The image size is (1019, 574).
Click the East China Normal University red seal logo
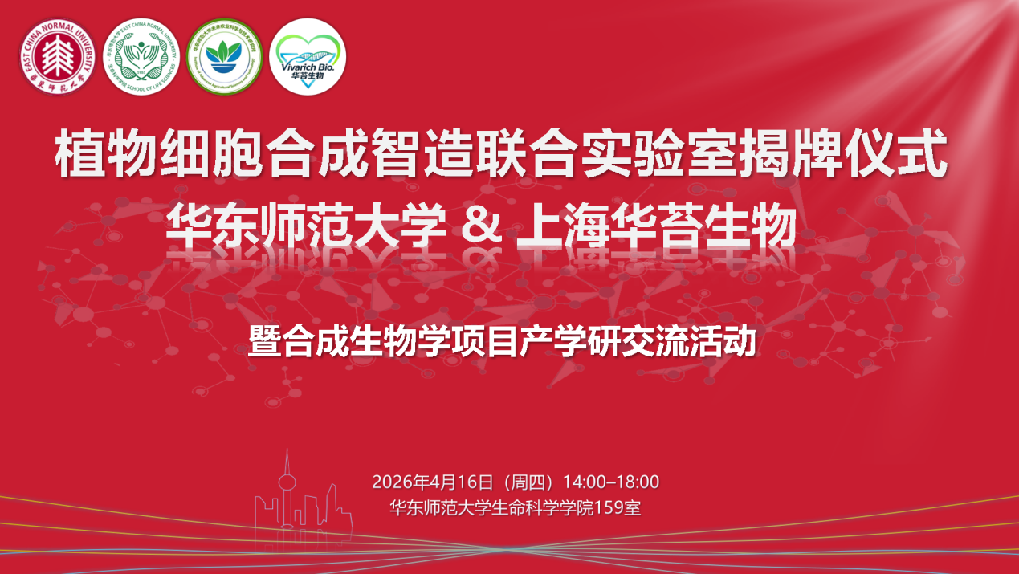(57, 57)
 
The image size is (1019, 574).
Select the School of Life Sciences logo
(141, 57)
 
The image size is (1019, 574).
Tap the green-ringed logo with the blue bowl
(225, 57)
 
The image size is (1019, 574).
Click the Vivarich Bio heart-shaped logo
(308, 57)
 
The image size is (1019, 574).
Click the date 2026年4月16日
(432, 482)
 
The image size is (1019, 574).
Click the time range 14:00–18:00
(611, 482)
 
